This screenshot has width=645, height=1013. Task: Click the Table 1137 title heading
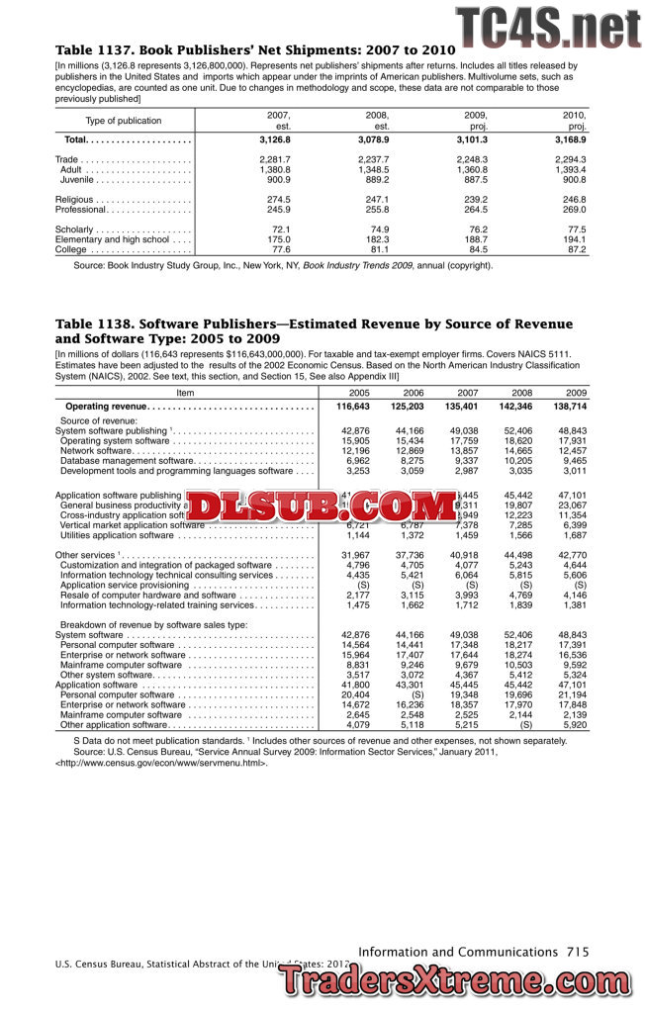[x=254, y=49]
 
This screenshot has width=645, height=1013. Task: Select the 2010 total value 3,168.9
[x=569, y=140]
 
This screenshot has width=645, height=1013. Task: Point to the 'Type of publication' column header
[x=124, y=121]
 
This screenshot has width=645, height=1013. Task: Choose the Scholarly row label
[x=82, y=230]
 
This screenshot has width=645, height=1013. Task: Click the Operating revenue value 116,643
[x=352, y=407]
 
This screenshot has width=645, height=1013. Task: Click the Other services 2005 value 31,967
[x=353, y=554]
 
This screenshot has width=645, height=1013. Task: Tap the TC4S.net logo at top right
[x=547, y=27]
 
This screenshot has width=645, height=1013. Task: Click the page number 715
[x=578, y=952]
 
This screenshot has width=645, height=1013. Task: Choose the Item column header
[x=185, y=392]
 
